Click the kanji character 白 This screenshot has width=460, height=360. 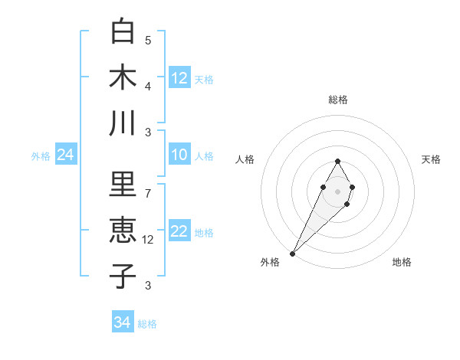coord(123,31)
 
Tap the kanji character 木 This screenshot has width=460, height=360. coord(123,77)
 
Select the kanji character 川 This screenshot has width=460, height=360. coord(123,123)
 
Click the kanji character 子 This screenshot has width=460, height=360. coord(123,277)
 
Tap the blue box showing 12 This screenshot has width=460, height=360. coord(179,78)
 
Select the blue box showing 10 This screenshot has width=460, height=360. coord(179,155)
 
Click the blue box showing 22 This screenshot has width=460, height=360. coord(179,232)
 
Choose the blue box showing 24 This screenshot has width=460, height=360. coord(66,155)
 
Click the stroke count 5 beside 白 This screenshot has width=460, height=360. coord(148,41)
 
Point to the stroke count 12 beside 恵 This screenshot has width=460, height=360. coord(148,240)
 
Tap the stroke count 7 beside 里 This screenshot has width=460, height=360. coord(148,193)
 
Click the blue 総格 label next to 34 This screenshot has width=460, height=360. coord(147,324)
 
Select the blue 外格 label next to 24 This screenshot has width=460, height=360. coord(41,156)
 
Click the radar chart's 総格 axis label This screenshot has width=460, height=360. coord(337,100)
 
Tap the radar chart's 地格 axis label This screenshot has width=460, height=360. coord(402,262)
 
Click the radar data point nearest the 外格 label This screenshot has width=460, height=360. coord(292,253)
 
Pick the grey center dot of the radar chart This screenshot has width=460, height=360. coord(337,190)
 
